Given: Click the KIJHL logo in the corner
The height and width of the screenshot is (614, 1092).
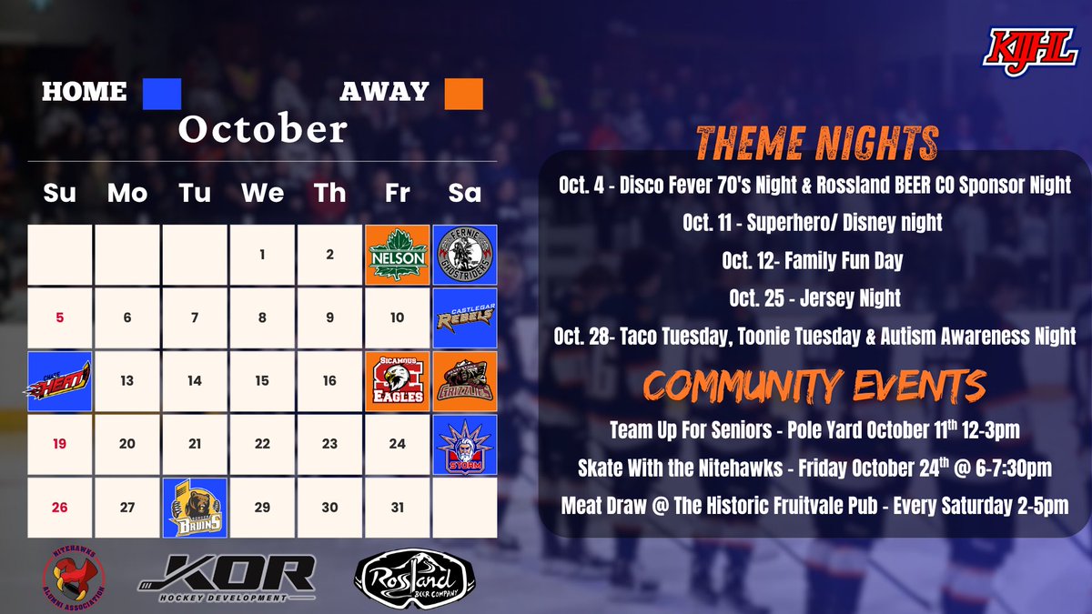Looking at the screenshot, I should [x=1028, y=47].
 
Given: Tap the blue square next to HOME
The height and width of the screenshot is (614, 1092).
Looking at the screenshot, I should [x=162, y=93].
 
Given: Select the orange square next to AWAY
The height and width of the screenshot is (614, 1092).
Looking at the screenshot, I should [x=463, y=93].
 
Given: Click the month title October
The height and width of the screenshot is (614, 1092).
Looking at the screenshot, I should [x=262, y=129].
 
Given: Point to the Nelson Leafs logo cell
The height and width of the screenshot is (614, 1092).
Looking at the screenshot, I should [x=397, y=255].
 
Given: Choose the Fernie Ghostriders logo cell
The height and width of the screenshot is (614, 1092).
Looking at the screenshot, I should [x=464, y=255].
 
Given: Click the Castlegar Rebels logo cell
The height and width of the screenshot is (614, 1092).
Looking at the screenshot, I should [x=464, y=317].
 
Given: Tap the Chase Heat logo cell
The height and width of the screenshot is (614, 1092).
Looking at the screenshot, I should [x=59, y=381].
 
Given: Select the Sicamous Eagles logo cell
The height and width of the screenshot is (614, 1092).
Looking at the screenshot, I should [x=397, y=381].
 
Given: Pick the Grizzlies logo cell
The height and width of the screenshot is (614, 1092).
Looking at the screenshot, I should [x=464, y=381].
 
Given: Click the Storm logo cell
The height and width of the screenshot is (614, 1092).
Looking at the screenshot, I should [x=464, y=444].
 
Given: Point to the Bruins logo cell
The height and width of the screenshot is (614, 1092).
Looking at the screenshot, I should [x=195, y=508].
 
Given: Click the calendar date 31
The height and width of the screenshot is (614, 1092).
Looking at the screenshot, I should [x=397, y=508].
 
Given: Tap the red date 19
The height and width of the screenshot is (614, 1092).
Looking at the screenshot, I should [x=59, y=444].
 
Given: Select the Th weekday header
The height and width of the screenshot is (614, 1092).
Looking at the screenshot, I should [x=329, y=193].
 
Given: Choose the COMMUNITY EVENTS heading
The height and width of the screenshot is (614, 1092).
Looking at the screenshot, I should [x=815, y=385].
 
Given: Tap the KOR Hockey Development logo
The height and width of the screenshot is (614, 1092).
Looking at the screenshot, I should [x=227, y=578].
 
